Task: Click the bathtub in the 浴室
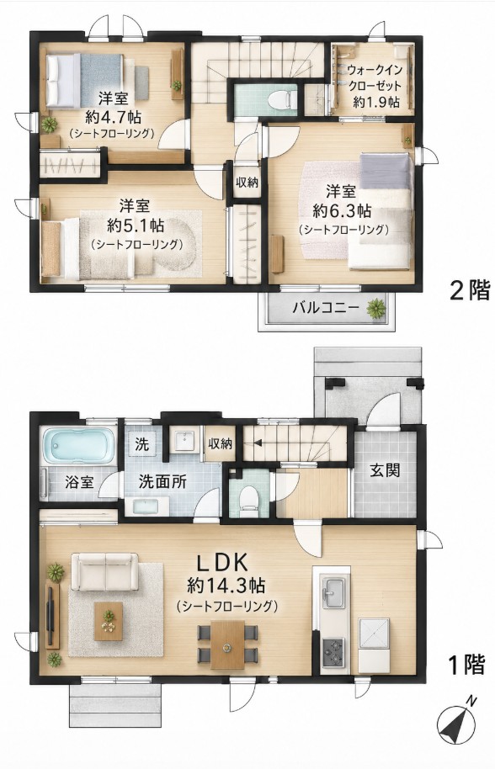pyautogui.click(x=78, y=445)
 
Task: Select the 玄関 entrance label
pyautogui.click(x=385, y=470)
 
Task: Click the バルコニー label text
pyautogui.click(x=327, y=309)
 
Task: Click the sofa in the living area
pyautogui.click(x=105, y=571)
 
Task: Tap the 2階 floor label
pyautogui.click(x=470, y=291)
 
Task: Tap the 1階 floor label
pyautogui.click(x=466, y=664)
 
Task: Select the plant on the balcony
pyautogui.click(x=376, y=309)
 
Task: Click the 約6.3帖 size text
pyautogui.click(x=342, y=211)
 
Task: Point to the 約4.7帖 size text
pyautogui.click(x=114, y=116)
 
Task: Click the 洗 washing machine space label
pyautogui.click(x=141, y=445)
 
